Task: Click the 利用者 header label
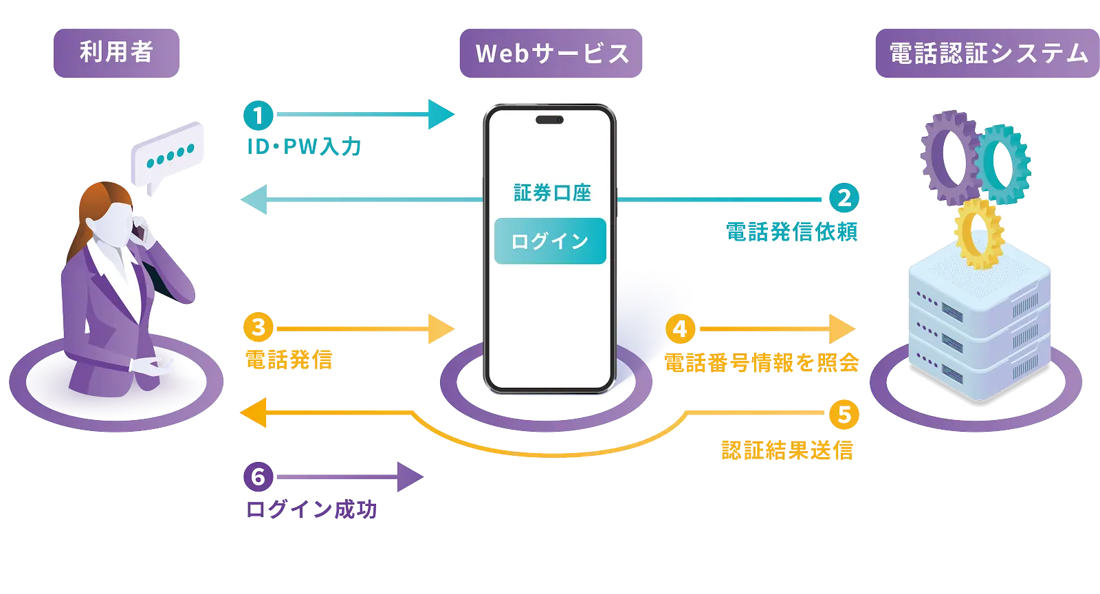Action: click(116, 53)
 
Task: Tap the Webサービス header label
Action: click(551, 54)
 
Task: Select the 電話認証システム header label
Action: click(987, 54)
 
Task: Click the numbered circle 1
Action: click(258, 115)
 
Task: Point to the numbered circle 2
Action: click(844, 199)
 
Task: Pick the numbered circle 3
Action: click(258, 328)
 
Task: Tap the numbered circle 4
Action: click(681, 329)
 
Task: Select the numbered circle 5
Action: click(844, 414)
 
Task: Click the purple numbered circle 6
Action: click(258, 476)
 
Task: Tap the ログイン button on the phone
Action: click(550, 241)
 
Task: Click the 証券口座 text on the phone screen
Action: click(552, 193)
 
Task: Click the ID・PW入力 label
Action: click(304, 146)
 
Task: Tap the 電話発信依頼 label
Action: click(792, 232)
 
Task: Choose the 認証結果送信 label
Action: click(787, 450)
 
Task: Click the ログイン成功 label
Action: click(311, 509)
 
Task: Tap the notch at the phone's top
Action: click(549, 120)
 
